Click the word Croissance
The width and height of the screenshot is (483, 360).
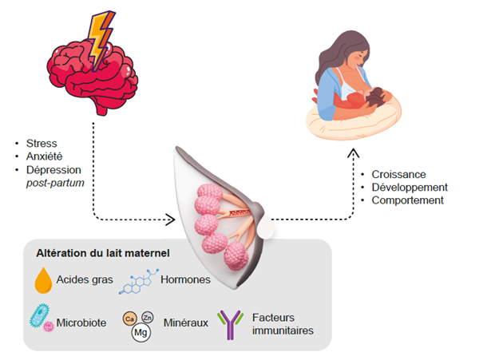pos(399,174)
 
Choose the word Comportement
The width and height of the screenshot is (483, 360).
pos(407,200)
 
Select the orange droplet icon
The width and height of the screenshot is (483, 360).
pos(44,281)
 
